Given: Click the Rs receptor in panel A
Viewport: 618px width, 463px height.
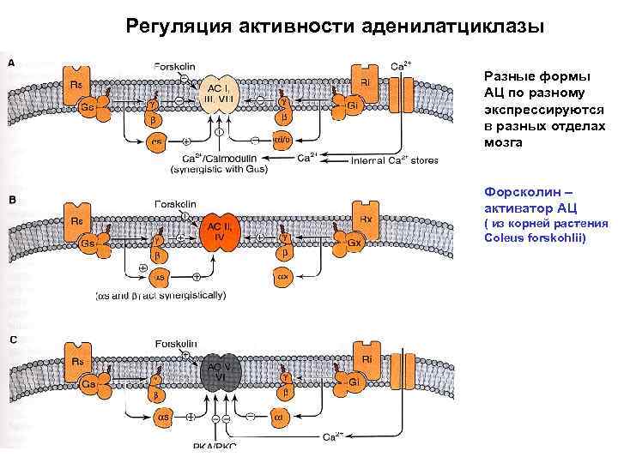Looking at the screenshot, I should point(77,83).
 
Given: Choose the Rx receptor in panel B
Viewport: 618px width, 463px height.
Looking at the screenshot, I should point(364,220).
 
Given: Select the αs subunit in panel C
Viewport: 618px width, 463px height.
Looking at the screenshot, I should point(161,417).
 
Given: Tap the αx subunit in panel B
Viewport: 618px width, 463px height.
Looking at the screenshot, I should point(281,277).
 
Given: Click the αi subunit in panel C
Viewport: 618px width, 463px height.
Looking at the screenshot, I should point(281,417).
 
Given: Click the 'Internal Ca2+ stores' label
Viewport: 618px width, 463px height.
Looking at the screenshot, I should point(396,159).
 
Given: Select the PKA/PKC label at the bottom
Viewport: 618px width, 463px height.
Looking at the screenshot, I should point(215,446).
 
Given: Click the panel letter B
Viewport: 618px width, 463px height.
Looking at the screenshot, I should point(12,200).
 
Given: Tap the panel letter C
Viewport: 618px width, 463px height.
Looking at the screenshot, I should point(12,340).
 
